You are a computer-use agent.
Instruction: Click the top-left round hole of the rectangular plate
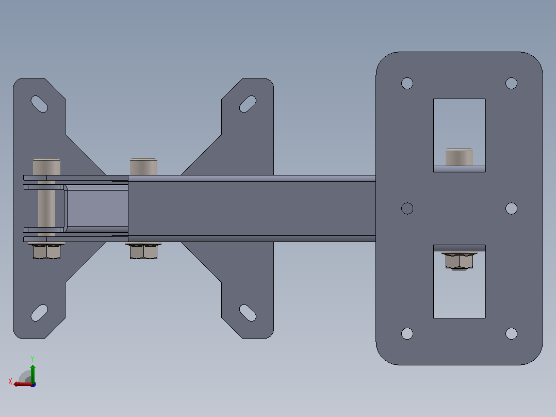(407, 84)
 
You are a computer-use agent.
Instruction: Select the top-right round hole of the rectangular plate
(511, 84)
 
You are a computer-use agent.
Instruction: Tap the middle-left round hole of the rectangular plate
(407, 208)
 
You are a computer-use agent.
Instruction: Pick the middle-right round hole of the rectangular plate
(511, 208)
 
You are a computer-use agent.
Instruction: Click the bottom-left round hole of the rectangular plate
(407, 333)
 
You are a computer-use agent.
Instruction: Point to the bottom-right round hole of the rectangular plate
(511, 333)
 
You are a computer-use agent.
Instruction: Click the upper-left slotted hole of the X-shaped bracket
(39, 104)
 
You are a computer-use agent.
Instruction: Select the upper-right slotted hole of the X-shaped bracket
(248, 104)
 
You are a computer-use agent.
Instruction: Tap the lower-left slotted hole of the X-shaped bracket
(39, 313)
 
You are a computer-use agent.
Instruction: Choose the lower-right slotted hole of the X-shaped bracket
(248, 313)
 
